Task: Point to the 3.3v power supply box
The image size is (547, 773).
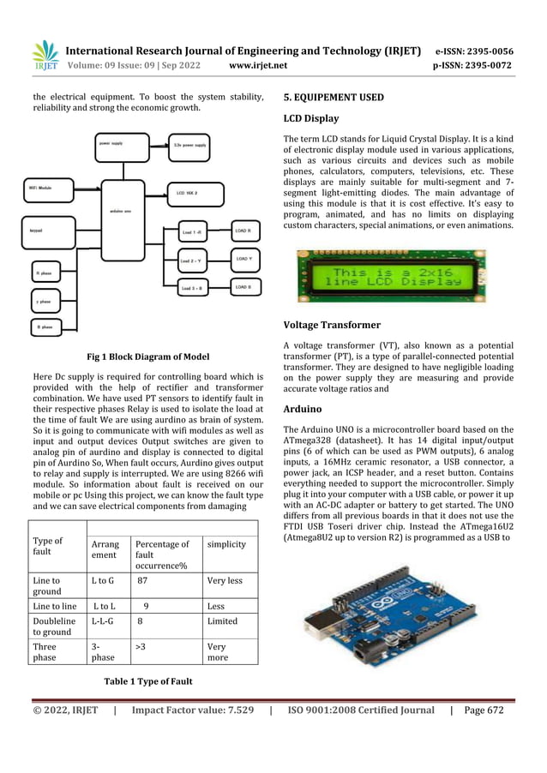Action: (187, 145)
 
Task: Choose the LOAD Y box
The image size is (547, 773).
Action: (244, 259)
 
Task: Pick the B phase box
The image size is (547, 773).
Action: (48, 327)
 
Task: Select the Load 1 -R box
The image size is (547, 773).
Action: (192, 232)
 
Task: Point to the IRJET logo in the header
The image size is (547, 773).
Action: (45, 54)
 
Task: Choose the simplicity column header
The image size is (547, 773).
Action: (226, 544)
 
